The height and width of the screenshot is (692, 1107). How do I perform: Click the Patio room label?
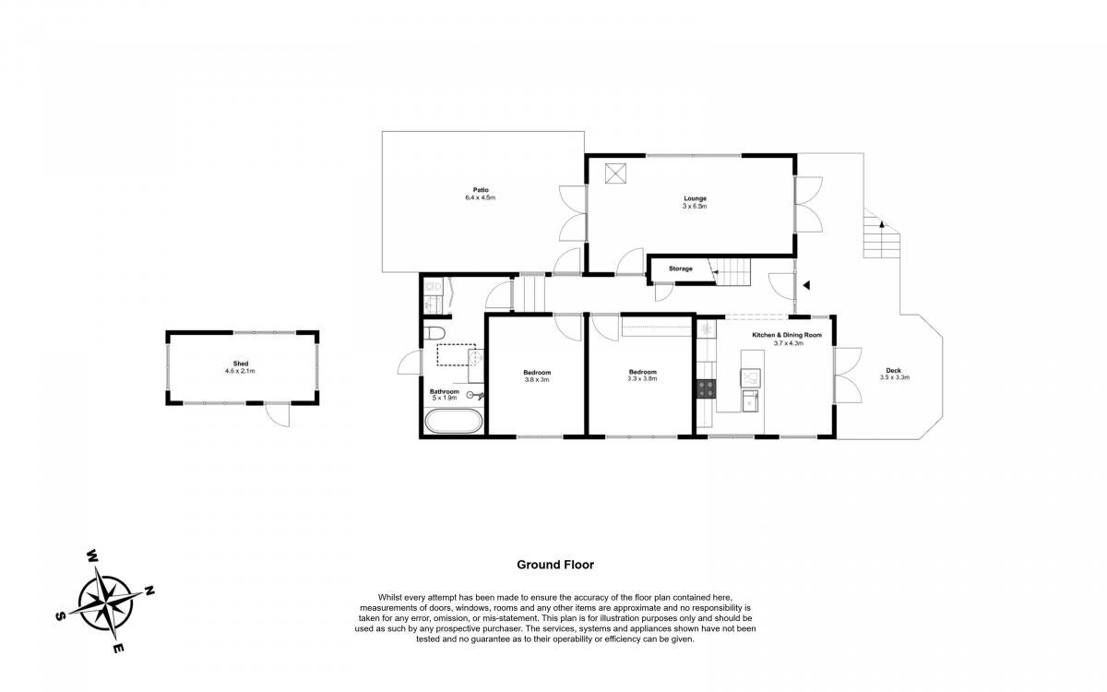tap(481, 190)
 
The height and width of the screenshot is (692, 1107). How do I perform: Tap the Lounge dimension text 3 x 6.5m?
tap(695, 206)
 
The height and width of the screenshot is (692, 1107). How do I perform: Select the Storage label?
tap(681, 268)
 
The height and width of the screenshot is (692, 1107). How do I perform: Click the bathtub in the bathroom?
tap(454, 421)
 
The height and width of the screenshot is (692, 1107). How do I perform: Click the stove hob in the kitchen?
tap(707, 388)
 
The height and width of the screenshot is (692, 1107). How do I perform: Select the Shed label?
tap(241, 364)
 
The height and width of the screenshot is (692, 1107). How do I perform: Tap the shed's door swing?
tap(278, 415)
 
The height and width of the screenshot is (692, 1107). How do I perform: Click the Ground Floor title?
tap(555, 565)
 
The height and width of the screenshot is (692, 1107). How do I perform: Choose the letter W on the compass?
tap(92, 556)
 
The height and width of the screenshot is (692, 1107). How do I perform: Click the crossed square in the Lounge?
tap(615, 173)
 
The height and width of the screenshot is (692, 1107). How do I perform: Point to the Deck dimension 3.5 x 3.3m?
tap(895, 377)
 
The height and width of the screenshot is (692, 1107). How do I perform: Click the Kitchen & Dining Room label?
tap(787, 335)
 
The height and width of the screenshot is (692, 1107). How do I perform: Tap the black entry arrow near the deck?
tap(806, 285)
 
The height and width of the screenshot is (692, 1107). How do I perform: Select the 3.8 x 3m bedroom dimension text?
tap(537, 380)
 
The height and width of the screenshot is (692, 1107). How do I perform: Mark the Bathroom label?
tap(445, 391)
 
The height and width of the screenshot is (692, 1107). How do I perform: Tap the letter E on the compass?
tap(118, 649)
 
